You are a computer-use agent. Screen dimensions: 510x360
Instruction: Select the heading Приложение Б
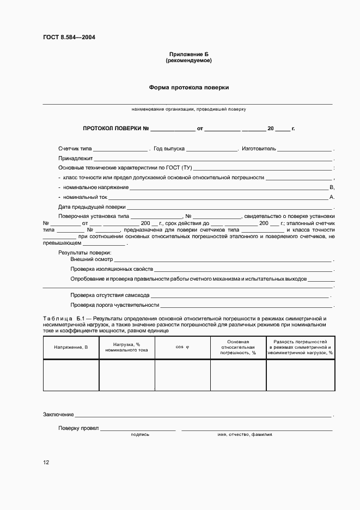[x=188, y=54]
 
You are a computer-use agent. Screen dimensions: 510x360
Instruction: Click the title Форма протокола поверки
[x=188, y=87]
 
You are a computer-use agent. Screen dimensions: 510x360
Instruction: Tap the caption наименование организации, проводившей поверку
[x=188, y=109]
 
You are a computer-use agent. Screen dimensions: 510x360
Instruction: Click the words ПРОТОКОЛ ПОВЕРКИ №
[x=115, y=129]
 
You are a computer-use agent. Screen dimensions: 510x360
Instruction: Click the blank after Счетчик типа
[x=120, y=149]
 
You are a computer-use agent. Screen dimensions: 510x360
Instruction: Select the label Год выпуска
[x=169, y=148]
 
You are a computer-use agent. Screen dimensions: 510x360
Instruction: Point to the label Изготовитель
[x=259, y=148]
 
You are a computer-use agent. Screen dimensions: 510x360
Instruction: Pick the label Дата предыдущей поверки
[x=91, y=207]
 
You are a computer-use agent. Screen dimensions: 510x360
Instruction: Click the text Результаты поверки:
[x=84, y=252]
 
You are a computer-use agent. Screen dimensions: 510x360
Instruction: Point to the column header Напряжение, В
[x=71, y=347]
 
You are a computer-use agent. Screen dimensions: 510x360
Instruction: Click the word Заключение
[x=58, y=415]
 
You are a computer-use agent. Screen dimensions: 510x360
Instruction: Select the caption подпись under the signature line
[x=140, y=434]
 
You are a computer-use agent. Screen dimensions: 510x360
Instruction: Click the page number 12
[x=46, y=462]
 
